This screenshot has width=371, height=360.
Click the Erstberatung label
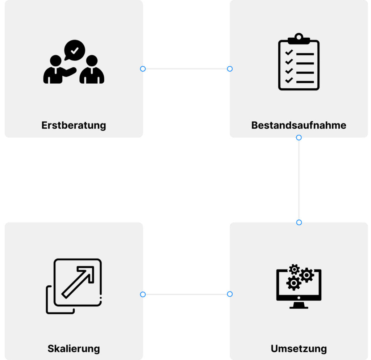coord(74,125)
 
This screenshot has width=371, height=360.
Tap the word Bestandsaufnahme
coord(299,125)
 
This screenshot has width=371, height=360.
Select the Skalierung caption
coord(74,349)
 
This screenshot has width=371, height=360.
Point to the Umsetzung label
coord(299,349)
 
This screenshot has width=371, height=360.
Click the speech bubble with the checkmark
coord(74,50)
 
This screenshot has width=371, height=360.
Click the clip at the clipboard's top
coord(299,38)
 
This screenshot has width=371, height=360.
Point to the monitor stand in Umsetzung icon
coord(299,305)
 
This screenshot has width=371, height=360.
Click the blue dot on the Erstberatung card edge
coord(143,69)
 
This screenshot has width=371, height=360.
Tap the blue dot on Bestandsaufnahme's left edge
coord(229,69)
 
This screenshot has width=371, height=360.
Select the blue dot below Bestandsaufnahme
coord(299,138)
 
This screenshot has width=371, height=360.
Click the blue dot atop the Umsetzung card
coord(299,222)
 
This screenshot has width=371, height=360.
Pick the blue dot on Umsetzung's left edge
coord(229,294)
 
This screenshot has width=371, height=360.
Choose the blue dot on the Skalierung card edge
coord(143,294)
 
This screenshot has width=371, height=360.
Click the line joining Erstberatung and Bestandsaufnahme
coord(186,69)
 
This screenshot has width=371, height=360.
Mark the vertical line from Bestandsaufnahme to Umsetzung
coord(299,180)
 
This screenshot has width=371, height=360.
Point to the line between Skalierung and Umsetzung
coord(186,294)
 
